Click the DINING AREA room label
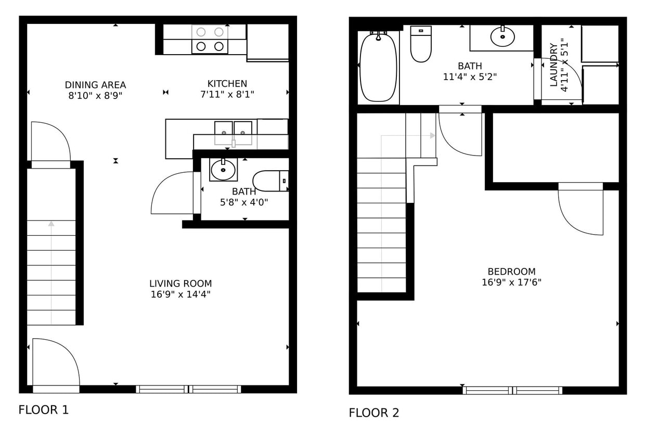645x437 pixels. tap(95, 85)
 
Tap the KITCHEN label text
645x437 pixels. tap(227, 83)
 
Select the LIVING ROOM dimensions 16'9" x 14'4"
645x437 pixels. tap(180, 294)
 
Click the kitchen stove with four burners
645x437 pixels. tap(210, 39)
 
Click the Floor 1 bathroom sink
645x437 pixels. tap(223, 170)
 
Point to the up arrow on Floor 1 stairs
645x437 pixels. tap(51, 224)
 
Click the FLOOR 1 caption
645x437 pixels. tap(44, 410)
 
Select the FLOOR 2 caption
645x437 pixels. tap(374, 413)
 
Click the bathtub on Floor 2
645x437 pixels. tap(378, 67)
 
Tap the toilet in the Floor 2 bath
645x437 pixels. tap(421, 45)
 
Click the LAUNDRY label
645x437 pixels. tap(553, 65)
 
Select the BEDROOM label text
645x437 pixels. tap(511, 272)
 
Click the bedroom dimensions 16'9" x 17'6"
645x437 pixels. tap(511, 282)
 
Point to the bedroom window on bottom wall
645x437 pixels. tap(512, 390)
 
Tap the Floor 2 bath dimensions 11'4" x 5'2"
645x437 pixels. tap(470, 77)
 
